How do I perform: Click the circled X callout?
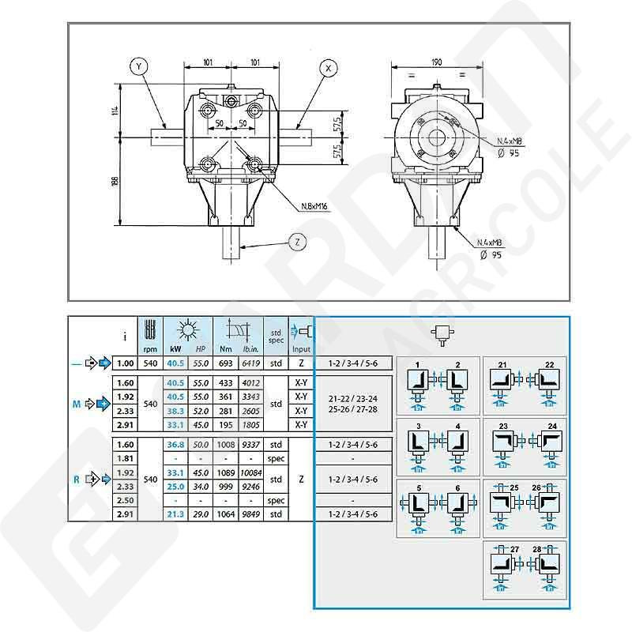tap(328, 69)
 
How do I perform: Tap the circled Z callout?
tap(295, 243)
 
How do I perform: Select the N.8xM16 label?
tap(314, 208)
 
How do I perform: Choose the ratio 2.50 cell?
tap(125, 501)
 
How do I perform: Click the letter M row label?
tap(75, 404)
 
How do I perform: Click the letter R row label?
tap(75, 479)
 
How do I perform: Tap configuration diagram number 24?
tap(553, 425)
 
